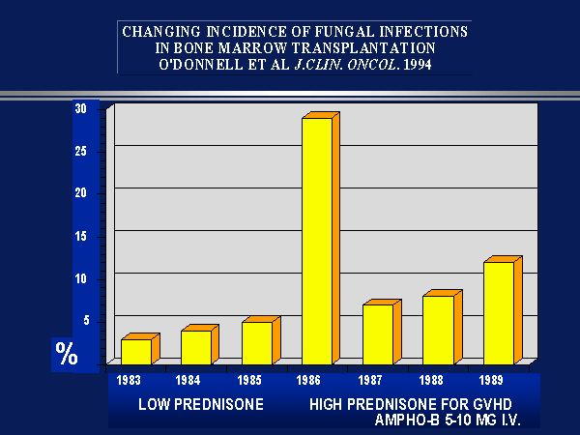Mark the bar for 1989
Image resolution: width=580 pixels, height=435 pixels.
click(499, 312)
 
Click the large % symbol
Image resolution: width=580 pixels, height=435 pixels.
click(67, 354)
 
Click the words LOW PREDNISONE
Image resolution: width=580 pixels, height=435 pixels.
click(200, 403)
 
